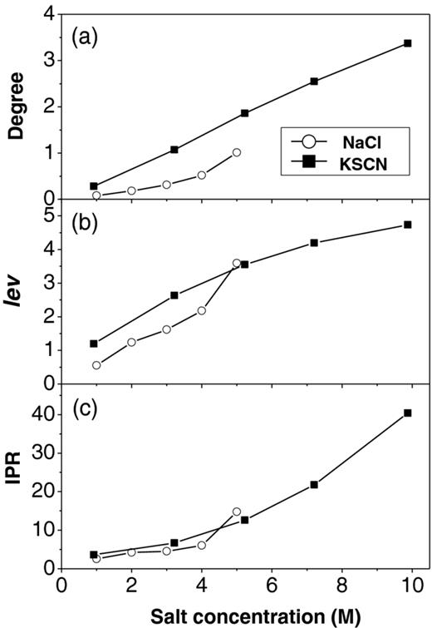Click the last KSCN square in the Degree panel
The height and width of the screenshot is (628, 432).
tap(407, 43)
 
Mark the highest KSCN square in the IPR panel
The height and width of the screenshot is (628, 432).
tap(407, 413)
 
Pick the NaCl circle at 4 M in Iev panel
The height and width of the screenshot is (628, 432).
tap(201, 310)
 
